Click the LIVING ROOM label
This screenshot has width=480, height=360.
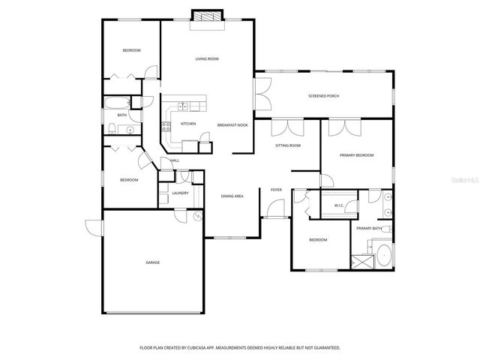(207, 58)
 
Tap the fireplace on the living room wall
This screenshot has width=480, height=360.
(207, 17)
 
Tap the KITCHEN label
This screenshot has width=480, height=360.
(188, 124)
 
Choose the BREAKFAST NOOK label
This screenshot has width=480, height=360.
(232, 124)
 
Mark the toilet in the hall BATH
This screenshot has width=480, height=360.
(110, 127)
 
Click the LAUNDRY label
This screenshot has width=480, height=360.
(180, 193)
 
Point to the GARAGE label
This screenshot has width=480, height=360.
(153, 262)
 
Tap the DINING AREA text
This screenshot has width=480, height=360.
(232, 196)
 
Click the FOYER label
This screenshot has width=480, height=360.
(276, 190)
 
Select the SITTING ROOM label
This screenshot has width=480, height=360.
(287, 145)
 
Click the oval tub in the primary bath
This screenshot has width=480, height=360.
(383, 256)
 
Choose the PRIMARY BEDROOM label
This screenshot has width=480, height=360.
(356, 155)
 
